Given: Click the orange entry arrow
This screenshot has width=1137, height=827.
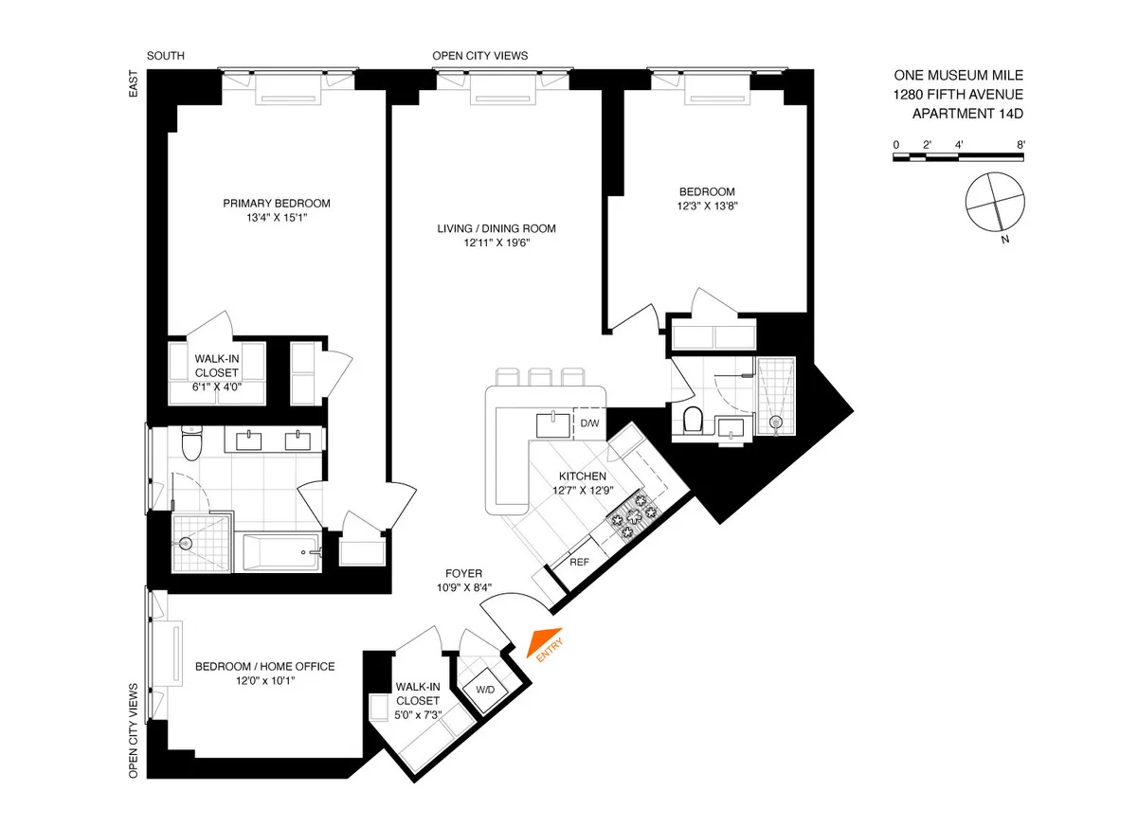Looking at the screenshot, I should pyautogui.click(x=547, y=643).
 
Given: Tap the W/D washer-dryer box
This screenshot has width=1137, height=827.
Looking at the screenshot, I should pyautogui.click(x=485, y=689).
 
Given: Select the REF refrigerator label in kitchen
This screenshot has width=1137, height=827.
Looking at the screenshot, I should pyautogui.click(x=579, y=561).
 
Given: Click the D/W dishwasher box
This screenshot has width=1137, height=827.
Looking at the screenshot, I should pyautogui.click(x=590, y=422).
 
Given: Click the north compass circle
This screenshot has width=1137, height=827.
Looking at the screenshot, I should pyautogui.click(x=995, y=202).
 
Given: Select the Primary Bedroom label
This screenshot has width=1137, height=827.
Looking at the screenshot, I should pyautogui.click(x=277, y=204).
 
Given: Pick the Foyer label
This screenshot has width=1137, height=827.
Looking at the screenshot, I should pyautogui.click(x=464, y=574).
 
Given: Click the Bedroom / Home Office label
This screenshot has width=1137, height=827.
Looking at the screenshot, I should pyautogui.click(x=264, y=667).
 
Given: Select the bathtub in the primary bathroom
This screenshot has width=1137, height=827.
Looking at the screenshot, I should pyautogui.click(x=282, y=552).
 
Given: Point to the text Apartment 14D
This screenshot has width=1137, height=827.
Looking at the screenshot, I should pyautogui.click(x=967, y=114).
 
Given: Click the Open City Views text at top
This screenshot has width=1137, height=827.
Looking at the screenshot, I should pyautogui.click(x=479, y=56).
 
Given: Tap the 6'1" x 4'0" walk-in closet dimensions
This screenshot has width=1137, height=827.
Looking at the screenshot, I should pyautogui.click(x=217, y=387).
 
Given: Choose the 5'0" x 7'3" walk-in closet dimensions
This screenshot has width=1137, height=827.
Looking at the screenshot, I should pyautogui.click(x=417, y=714).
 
